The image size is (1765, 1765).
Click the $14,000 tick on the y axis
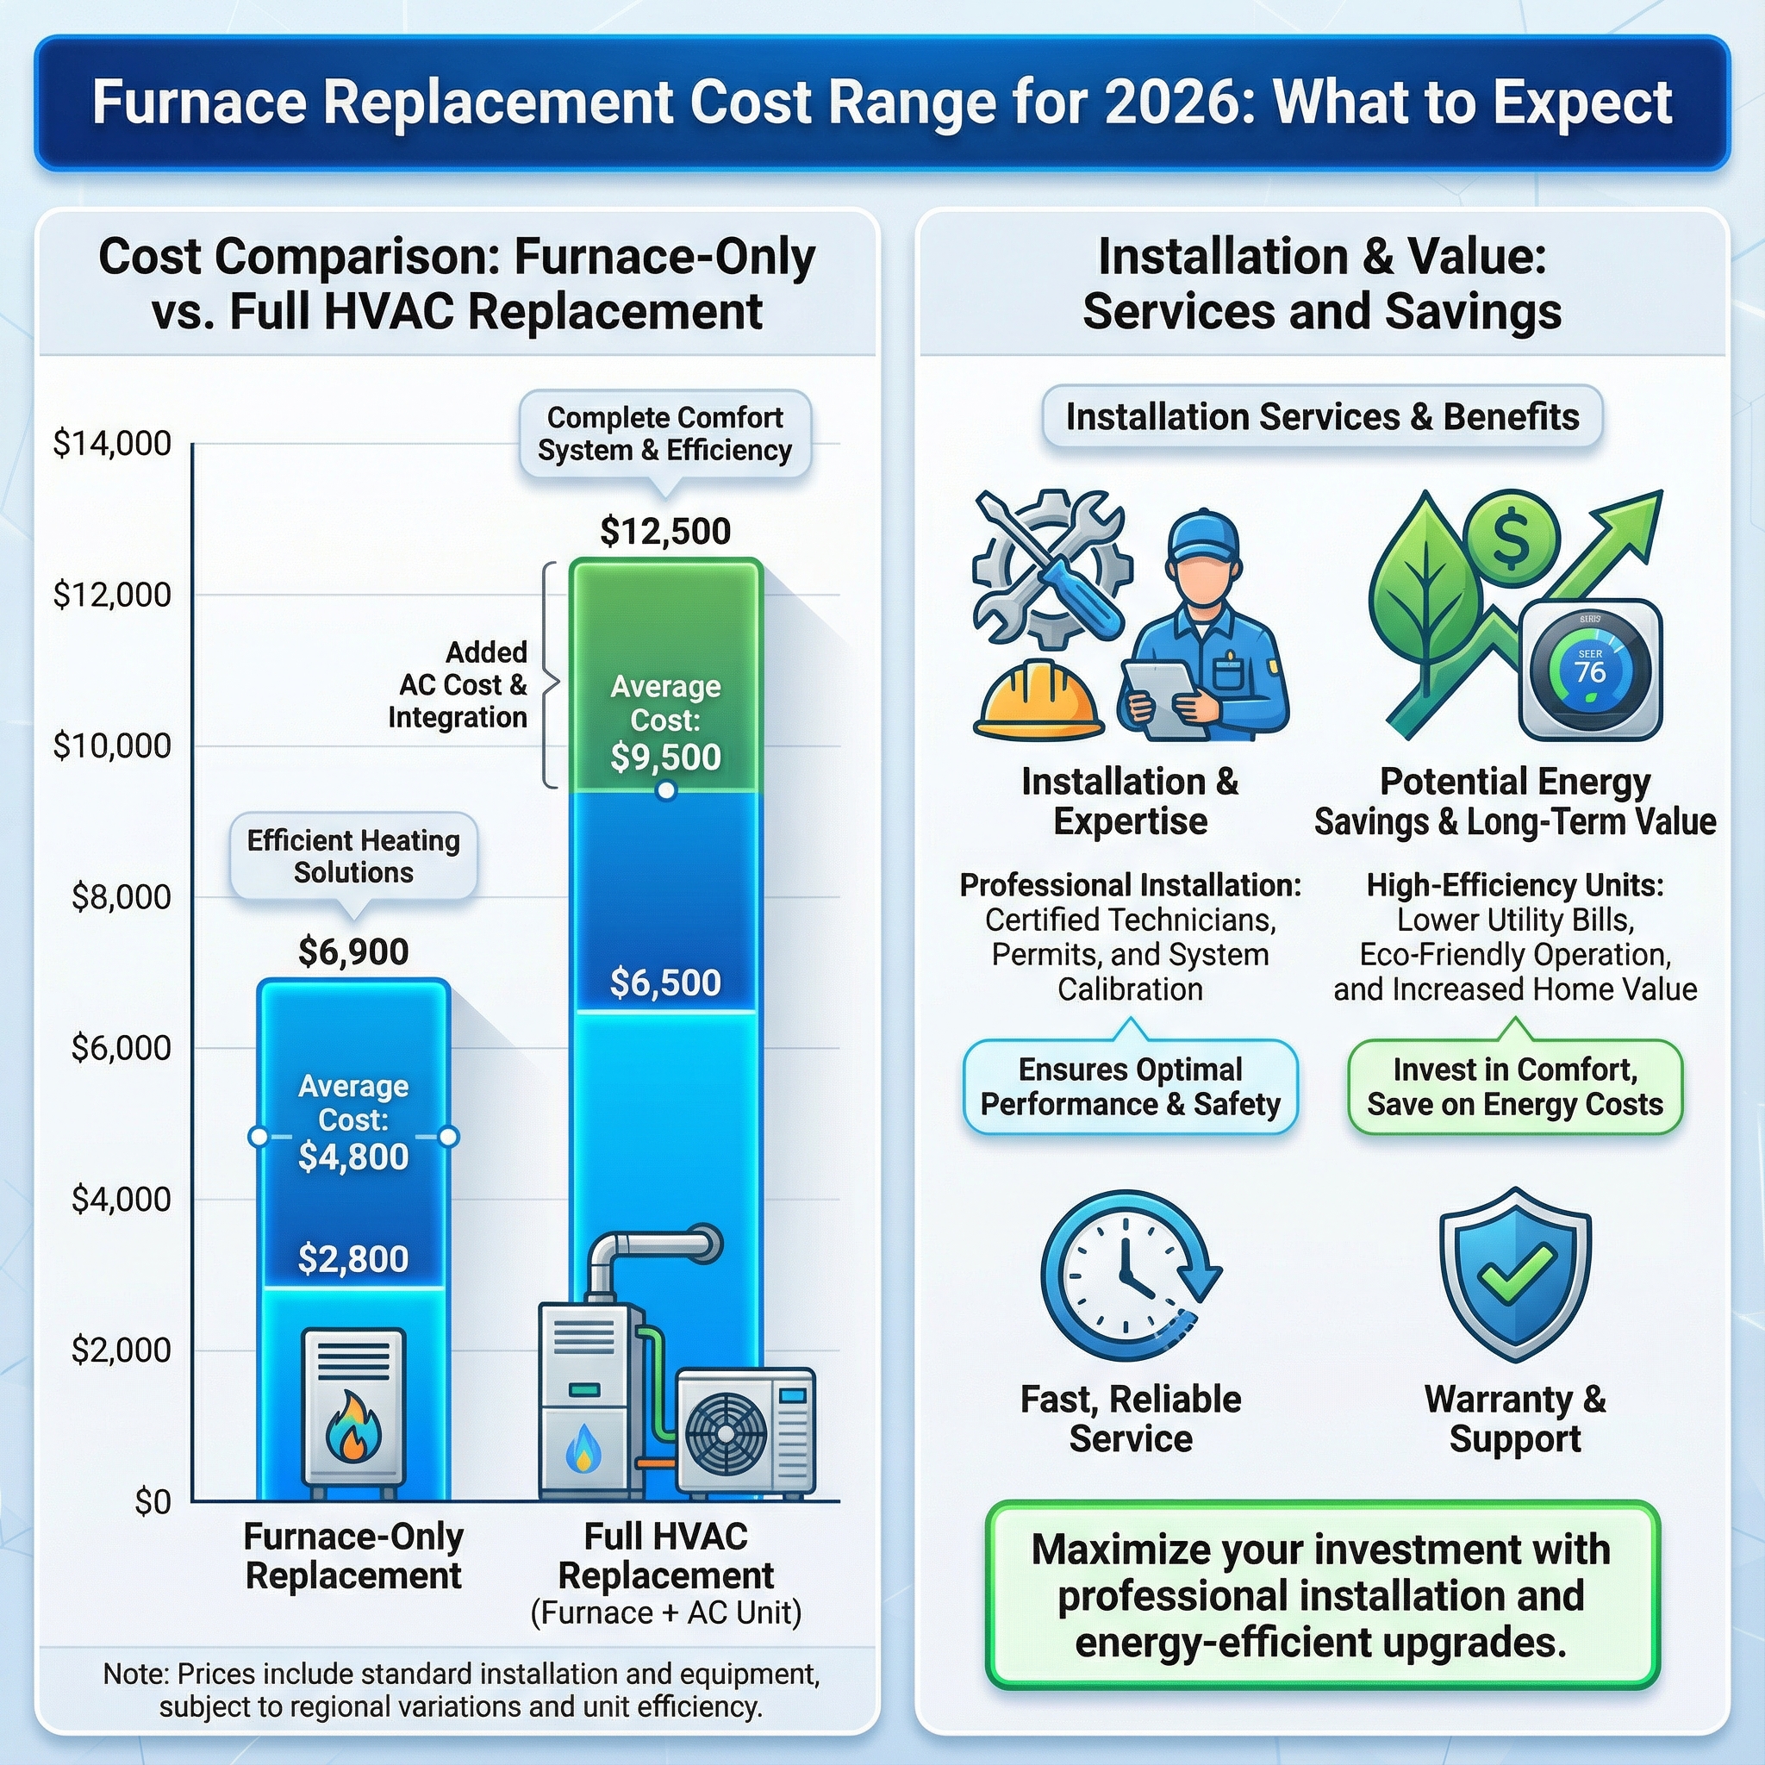click(112, 444)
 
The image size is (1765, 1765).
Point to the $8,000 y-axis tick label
click(121, 897)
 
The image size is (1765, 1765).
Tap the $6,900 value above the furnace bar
click(353, 952)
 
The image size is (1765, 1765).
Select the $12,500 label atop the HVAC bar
click(665, 532)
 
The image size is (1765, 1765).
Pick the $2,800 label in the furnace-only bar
click(353, 1259)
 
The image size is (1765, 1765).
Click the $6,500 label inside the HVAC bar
click(665, 983)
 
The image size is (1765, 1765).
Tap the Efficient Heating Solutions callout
click(353, 856)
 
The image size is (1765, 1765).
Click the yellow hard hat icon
click(1038, 703)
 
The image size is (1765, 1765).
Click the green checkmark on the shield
click(1515, 1273)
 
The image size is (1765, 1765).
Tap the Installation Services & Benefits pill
click(1322, 417)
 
